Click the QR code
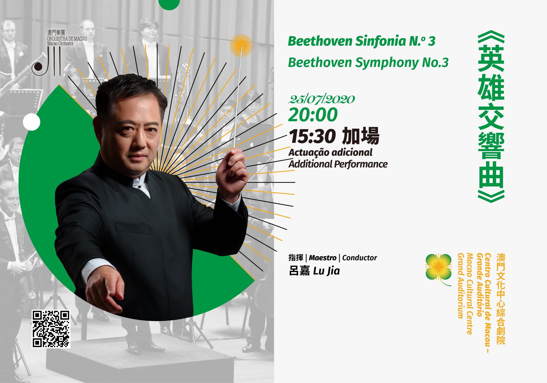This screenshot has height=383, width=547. [51, 329]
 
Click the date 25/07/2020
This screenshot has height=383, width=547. [321, 99]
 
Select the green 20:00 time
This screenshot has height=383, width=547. [313, 115]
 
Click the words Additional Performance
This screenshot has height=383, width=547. [338, 164]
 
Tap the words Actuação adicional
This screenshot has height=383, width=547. [330, 153]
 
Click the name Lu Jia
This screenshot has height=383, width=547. [327, 271]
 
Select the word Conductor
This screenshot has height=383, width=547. [360, 258]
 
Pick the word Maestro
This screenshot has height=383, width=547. [323, 258]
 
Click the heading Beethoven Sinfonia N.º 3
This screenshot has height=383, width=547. [362, 41]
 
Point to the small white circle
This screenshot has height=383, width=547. [32, 122]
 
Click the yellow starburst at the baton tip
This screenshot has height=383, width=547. [241, 46]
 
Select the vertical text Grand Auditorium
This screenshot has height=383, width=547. [460, 286]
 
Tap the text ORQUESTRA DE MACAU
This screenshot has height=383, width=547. [67, 39]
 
